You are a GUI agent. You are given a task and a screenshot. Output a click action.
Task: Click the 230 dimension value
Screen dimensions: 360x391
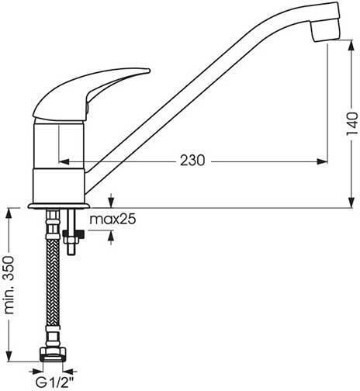click(192, 161)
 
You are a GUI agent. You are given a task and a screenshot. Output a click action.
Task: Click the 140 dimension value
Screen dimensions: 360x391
click(352, 123)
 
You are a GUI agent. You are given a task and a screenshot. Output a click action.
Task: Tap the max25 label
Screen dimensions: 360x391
click(112, 220)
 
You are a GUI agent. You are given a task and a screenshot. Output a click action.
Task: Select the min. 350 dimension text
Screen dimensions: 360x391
click(9, 285)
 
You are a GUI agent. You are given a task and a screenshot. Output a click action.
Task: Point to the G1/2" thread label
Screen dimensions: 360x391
click(54, 382)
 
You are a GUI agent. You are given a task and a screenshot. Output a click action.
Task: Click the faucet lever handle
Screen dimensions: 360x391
click(92, 94)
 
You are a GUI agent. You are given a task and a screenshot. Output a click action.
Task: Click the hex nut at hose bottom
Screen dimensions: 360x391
click(53, 354)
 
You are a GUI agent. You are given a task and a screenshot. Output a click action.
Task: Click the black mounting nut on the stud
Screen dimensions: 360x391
click(74, 234)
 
